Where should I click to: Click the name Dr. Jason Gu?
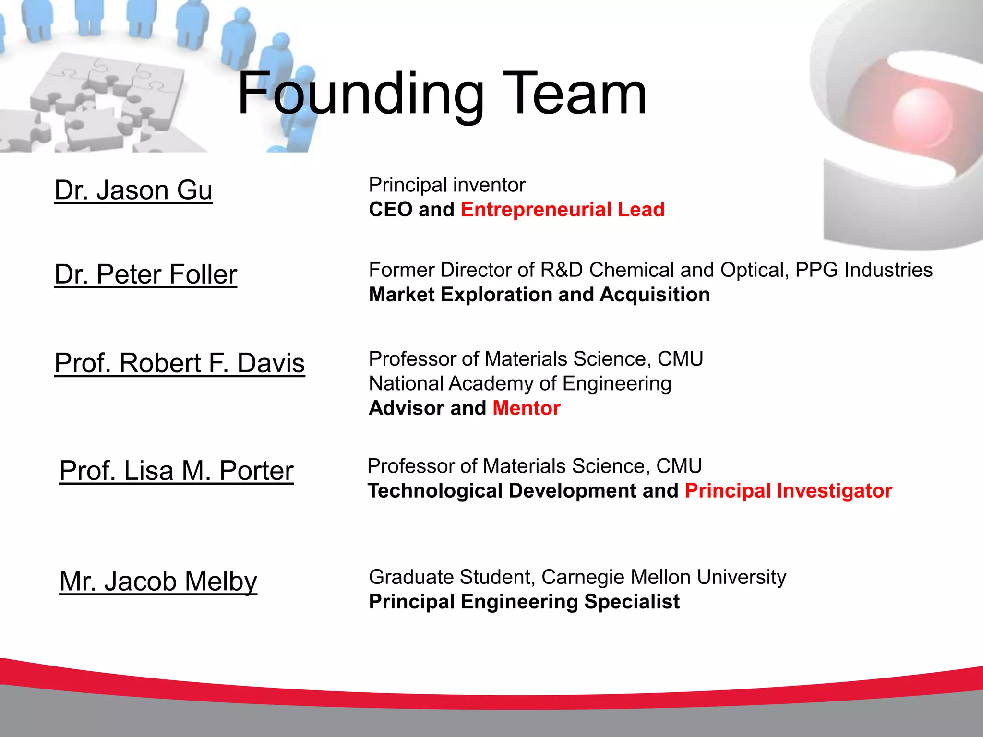coord(133,190)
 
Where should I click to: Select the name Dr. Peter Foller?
coord(146,274)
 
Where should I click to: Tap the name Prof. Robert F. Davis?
coord(180,363)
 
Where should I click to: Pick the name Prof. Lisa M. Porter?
coord(176,470)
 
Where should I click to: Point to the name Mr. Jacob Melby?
coord(158,581)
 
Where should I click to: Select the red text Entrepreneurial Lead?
coord(563,210)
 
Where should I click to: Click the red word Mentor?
coord(527,408)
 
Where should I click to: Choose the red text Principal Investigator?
coord(789,491)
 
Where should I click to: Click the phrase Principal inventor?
coord(447,185)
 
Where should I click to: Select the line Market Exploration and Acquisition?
coord(539,295)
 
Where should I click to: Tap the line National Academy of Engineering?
coord(520,384)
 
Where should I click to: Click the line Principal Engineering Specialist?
coord(524,602)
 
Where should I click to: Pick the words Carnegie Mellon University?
coord(664,577)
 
